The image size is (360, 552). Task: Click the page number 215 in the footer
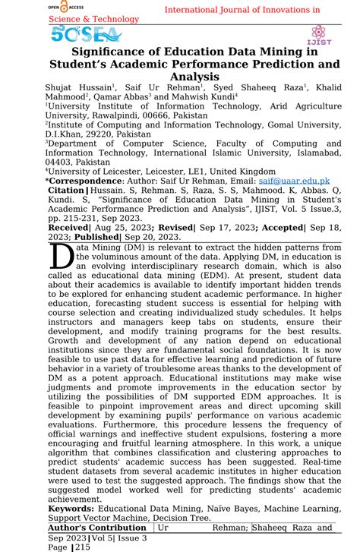pos(81,547)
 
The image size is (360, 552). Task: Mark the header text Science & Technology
pos(95,17)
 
